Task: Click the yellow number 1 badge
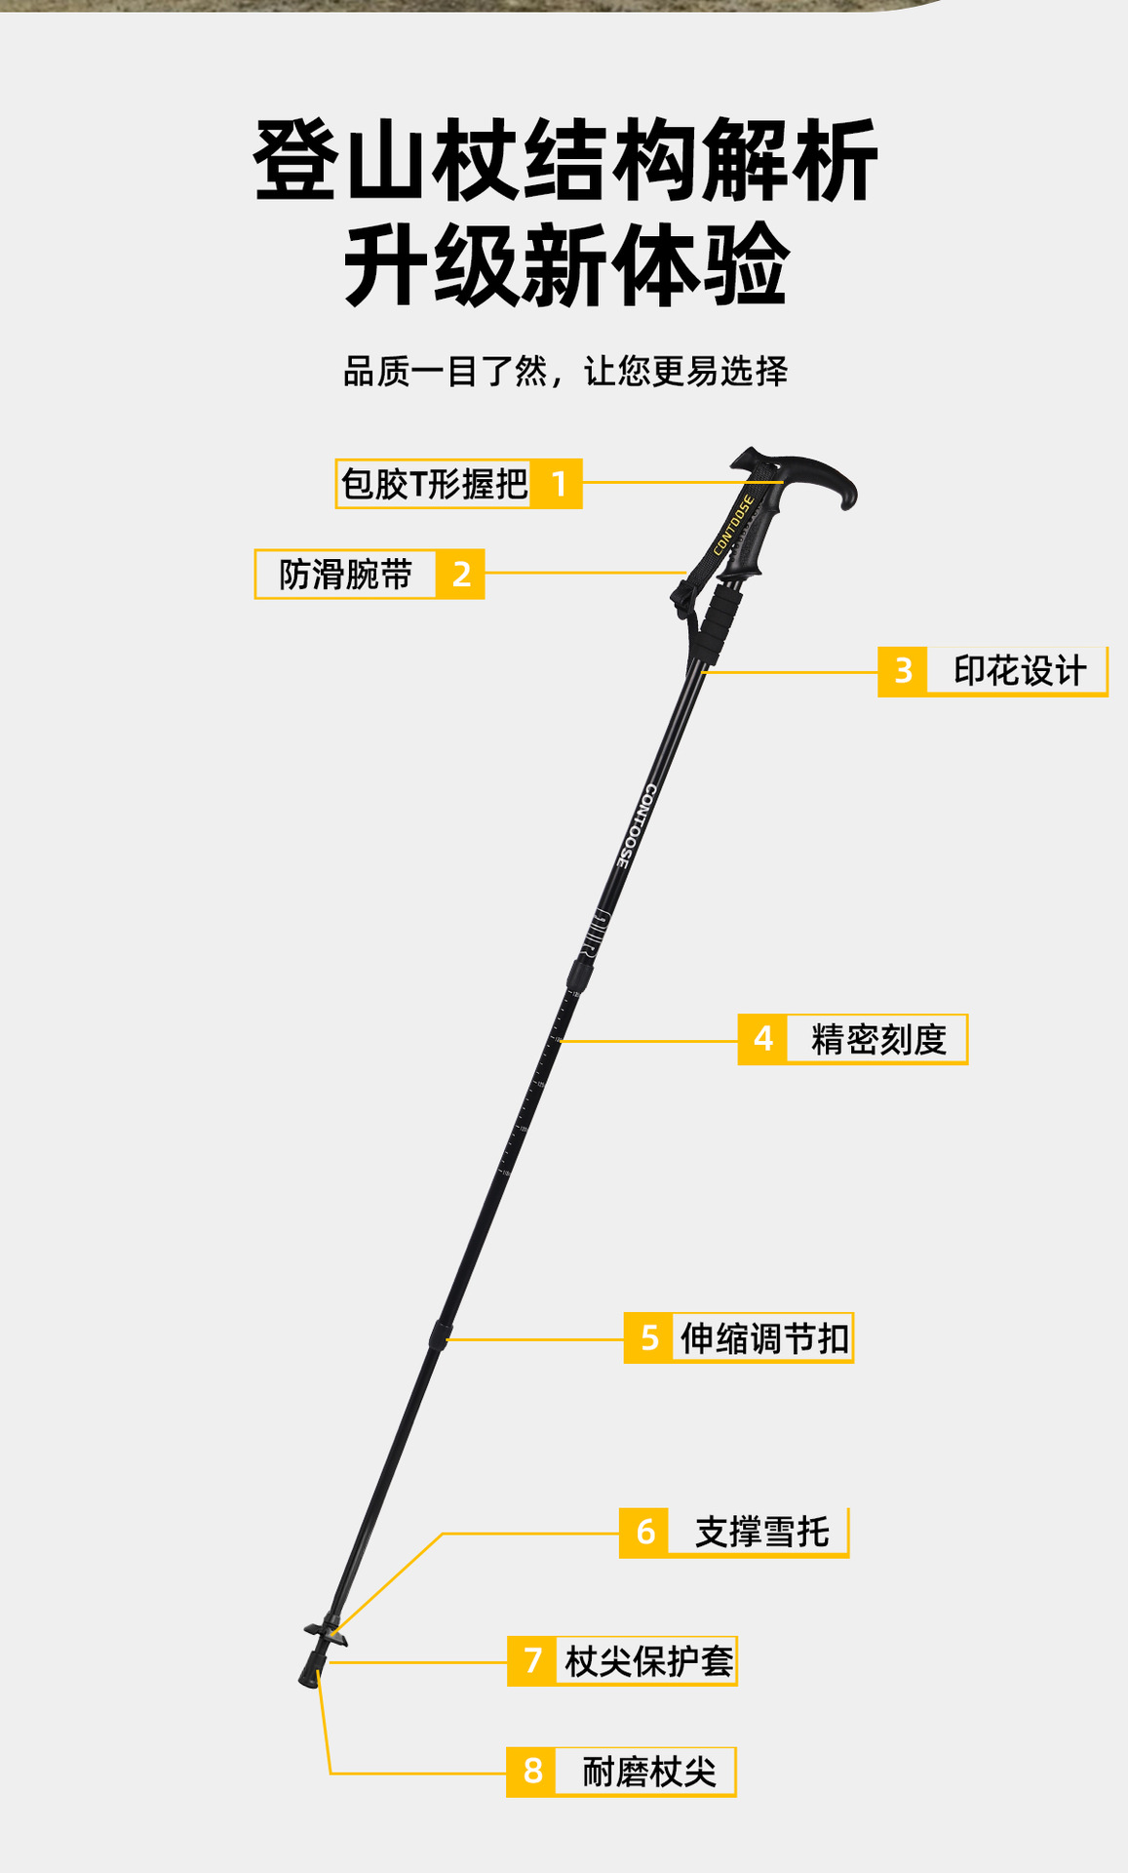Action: pos(559,484)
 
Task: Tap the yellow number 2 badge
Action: pos(461,575)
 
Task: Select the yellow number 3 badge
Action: pos(903,671)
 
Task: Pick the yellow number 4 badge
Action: pos(763,1039)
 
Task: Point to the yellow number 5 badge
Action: pos(649,1338)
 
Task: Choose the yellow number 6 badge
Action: pos(644,1533)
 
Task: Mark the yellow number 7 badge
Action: pos(532,1660)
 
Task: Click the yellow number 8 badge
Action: pos(532,1772)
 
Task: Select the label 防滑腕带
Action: pos(346,575)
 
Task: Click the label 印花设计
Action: pos(1019,671)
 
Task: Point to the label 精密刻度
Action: pos(878,1039)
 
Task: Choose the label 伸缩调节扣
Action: pos(764,1338)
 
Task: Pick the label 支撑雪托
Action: pos(761,1533)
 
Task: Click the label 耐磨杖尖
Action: pos(648,1772)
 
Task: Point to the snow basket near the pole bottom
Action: pos(325,1630)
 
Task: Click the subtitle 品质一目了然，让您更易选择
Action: pos(565,372)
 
